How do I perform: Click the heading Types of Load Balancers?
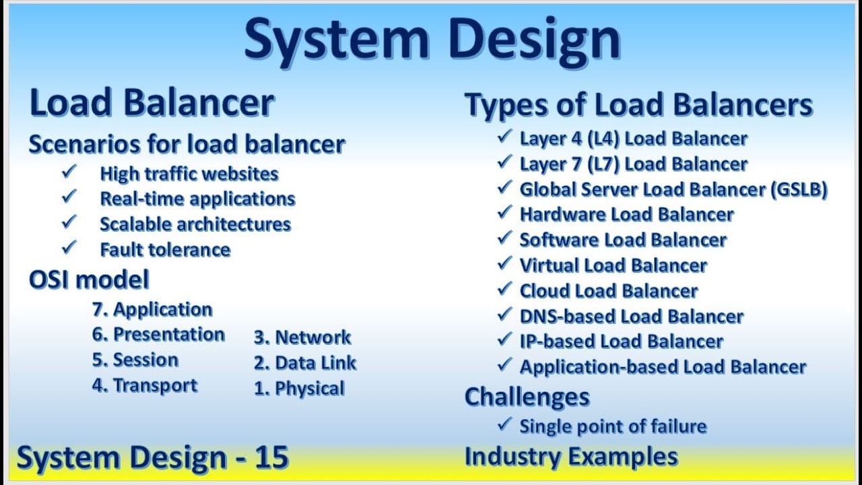tap(638, 106)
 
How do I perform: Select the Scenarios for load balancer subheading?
tap(187, 144)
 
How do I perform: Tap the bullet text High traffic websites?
tap(189, 174)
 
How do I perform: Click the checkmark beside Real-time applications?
tap(69, 197)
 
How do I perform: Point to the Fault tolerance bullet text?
tap(165, 250)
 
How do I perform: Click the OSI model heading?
tap(89, 280)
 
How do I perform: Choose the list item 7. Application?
tap(152, 310)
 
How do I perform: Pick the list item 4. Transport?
tap(145, 386)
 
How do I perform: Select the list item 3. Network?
tap(302, 337)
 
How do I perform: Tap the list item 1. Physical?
tap(299, 389)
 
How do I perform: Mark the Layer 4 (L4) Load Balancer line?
tap(633, 139)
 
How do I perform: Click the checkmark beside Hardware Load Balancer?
tap(504, 213)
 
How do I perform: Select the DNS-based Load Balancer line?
tap(631, 317)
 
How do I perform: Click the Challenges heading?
tap(527, 397)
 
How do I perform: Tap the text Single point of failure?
tap(613, 426)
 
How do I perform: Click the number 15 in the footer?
tap(272, 457)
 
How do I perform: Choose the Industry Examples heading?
tap(571, 457)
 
